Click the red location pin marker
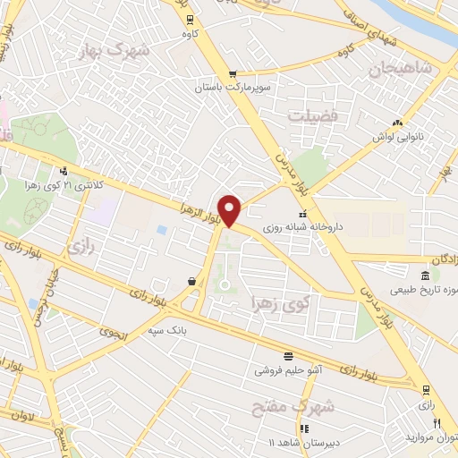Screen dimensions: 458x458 tap(230, 210)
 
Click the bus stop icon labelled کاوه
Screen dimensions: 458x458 tap(189, 20)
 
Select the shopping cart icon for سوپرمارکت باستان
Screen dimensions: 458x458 tap(233, 74)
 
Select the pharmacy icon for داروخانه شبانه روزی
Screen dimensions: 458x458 tap(302, 214)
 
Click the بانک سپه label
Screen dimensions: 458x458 tap(191, 330)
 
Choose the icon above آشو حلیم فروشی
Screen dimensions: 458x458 tap(287, 354)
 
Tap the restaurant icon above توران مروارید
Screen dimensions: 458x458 tap(437, 423)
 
